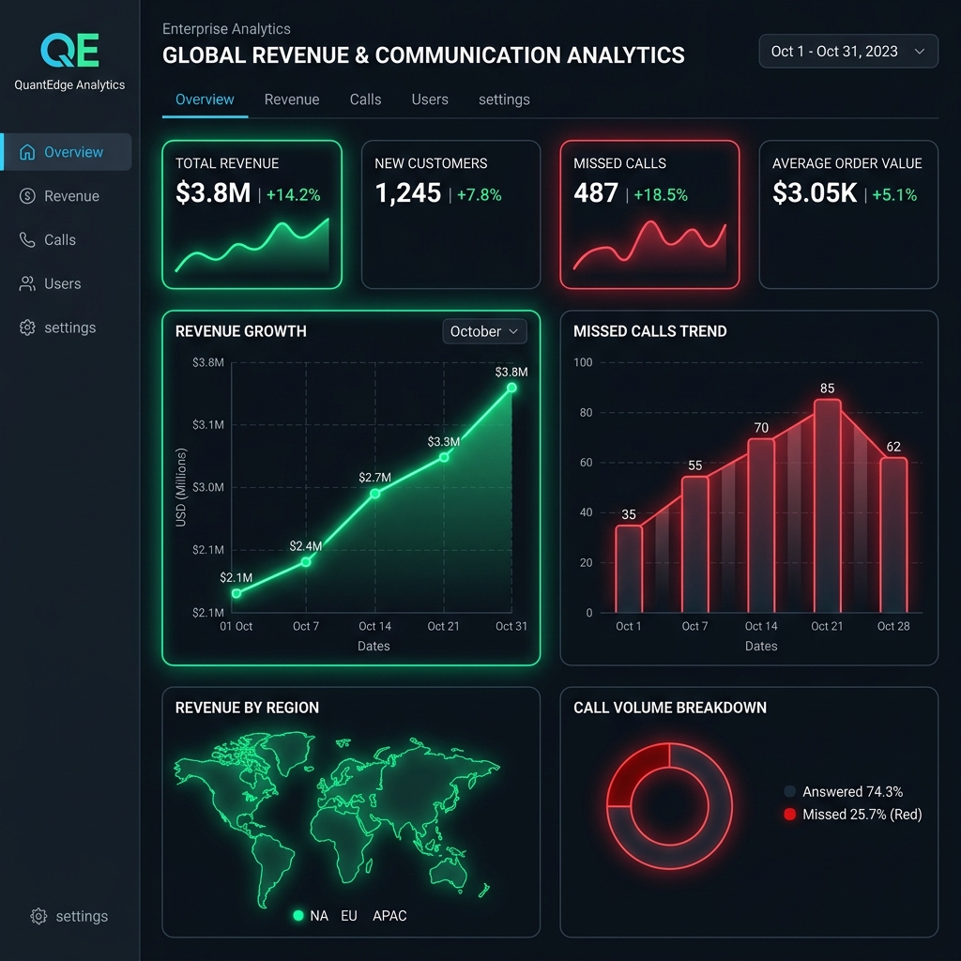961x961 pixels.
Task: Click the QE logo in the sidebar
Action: [x=69, y=51]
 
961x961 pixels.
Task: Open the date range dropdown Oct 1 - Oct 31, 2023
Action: [x=847, y=52]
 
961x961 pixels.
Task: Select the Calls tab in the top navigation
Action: [x=365, y=99]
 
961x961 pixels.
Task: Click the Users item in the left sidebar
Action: [x=62, y=283]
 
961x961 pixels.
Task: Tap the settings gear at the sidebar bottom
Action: [x=38, y=916]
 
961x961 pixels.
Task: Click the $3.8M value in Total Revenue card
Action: [x=213, y=193]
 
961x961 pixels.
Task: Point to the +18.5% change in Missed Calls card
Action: [x=661, y=195]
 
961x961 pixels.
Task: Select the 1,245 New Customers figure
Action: [x=407, y=193]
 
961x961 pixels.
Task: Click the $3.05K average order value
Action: [x=815, y=193]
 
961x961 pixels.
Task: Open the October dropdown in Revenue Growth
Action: [x=484, y=331]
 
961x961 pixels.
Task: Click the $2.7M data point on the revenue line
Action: [x=374, y=493]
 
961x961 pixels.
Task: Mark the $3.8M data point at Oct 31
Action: [x=511, y=388]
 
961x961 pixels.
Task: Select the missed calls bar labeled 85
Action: [x=827, y=507]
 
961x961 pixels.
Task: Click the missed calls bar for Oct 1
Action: [x=629, y=569]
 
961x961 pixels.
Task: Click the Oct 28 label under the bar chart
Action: [x=892, y=626]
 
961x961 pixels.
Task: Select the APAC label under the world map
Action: [x=389, y=915]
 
